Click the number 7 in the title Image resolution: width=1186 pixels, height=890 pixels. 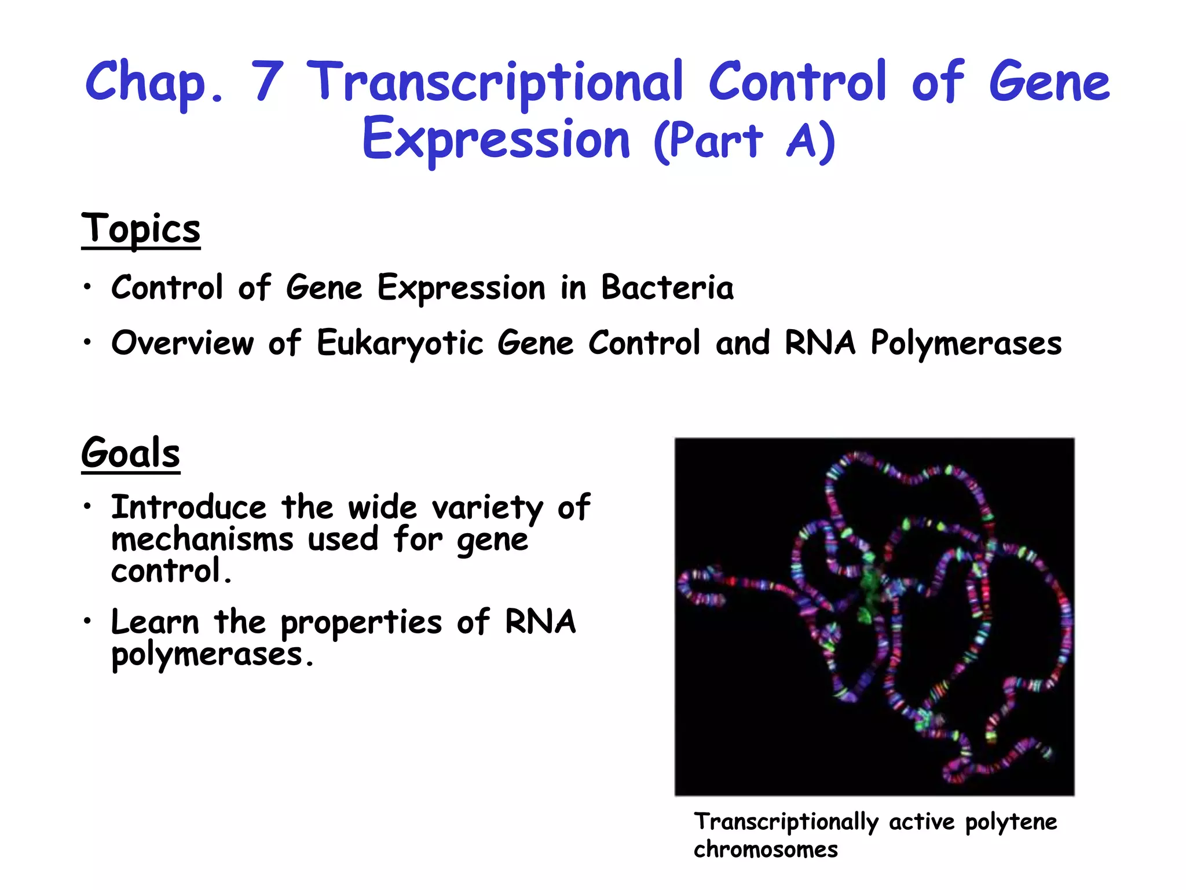pos(267,81)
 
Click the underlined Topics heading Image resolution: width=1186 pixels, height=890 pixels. pos(141,229)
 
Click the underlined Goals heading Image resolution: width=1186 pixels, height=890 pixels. pos(131,453)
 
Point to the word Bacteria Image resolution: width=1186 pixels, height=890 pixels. pos(667,287)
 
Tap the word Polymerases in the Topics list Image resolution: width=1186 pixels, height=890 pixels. pos(966,343)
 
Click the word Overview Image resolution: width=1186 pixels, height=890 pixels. pos(183,343)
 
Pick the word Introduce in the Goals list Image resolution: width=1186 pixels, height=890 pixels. pos(189,508)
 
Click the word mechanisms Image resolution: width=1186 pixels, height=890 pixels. pos(202,539)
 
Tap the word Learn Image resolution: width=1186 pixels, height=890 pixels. pos(155,622)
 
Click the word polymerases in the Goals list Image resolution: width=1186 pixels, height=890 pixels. pos(207,655)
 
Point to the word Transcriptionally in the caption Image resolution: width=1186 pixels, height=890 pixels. pos(786,822)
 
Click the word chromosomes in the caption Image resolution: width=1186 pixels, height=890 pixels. pos(766,849)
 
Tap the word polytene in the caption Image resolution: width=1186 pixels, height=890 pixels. pos(1011,822)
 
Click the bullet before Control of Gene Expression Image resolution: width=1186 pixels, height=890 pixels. pos(87,287)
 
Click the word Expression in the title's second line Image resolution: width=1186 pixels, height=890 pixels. pos(496,140)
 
